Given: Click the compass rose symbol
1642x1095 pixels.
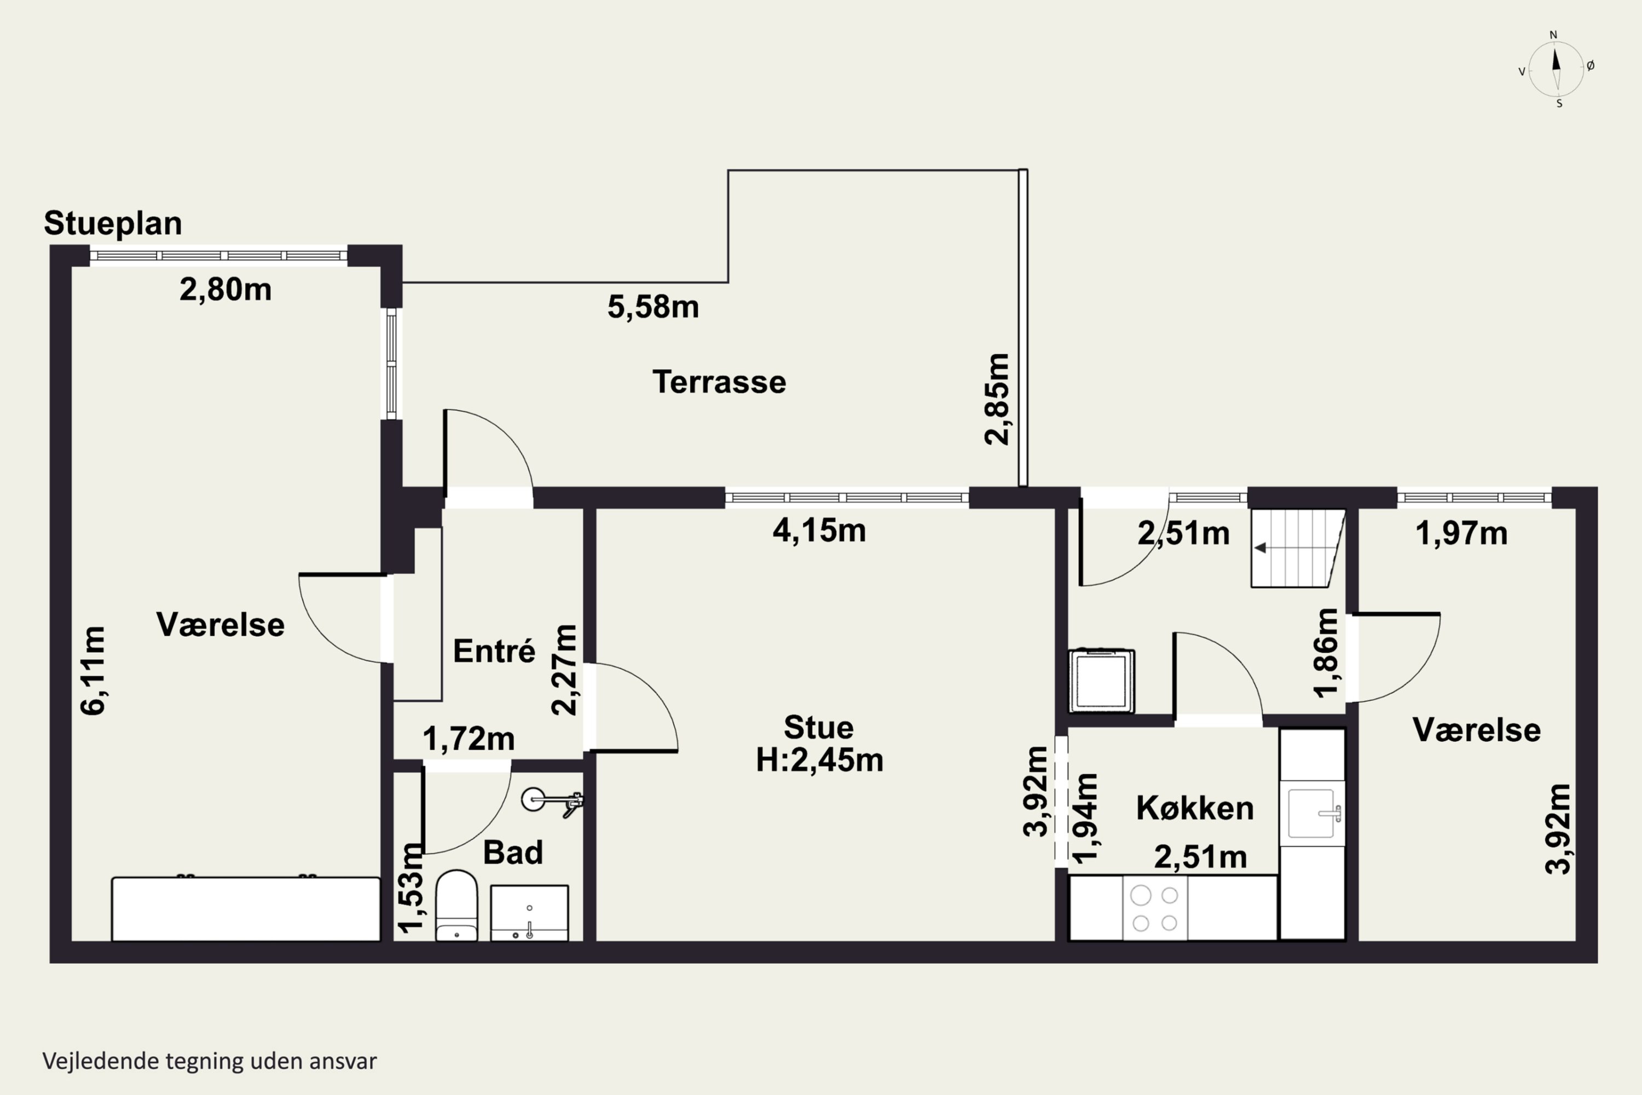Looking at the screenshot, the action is click(x=1556, y=69).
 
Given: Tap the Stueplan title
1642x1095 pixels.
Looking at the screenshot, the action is click(x=113, y=223).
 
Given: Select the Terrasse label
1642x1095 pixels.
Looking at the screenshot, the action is click(x=719, y=382).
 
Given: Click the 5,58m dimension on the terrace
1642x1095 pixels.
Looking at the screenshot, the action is click(x=653, y=307).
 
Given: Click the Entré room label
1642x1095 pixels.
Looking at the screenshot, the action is click(x=494, y=651).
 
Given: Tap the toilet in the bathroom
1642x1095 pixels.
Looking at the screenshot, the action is click(x=456, y=906).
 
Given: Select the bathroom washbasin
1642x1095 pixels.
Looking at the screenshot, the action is click(x=529, y=913).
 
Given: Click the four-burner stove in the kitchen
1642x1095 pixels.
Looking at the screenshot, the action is click(x=1155, y=908).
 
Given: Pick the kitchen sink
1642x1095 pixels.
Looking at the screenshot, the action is click(x=1313, y=813).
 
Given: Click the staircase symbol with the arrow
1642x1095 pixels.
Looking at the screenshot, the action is click(x=1297, y=548).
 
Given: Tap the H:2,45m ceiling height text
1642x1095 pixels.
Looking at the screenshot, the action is click(x=819, y=760).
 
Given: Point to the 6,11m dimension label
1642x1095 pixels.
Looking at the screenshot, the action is click(x=93, y=670).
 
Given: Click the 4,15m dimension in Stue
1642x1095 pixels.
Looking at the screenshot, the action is click(x=819, y=531).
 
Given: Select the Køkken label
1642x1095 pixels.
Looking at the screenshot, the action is click(x=1195, y=808).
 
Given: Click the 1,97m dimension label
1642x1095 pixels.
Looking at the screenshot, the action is click(x=1461, y=533).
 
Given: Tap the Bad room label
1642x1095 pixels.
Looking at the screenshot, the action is click(x=513, y=852).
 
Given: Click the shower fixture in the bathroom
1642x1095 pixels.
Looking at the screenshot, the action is click(x=552, y=801).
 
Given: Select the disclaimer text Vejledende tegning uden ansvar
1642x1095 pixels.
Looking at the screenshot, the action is click(x=210, y=1061).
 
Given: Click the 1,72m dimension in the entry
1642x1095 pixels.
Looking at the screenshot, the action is click(x=469, y=739).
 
